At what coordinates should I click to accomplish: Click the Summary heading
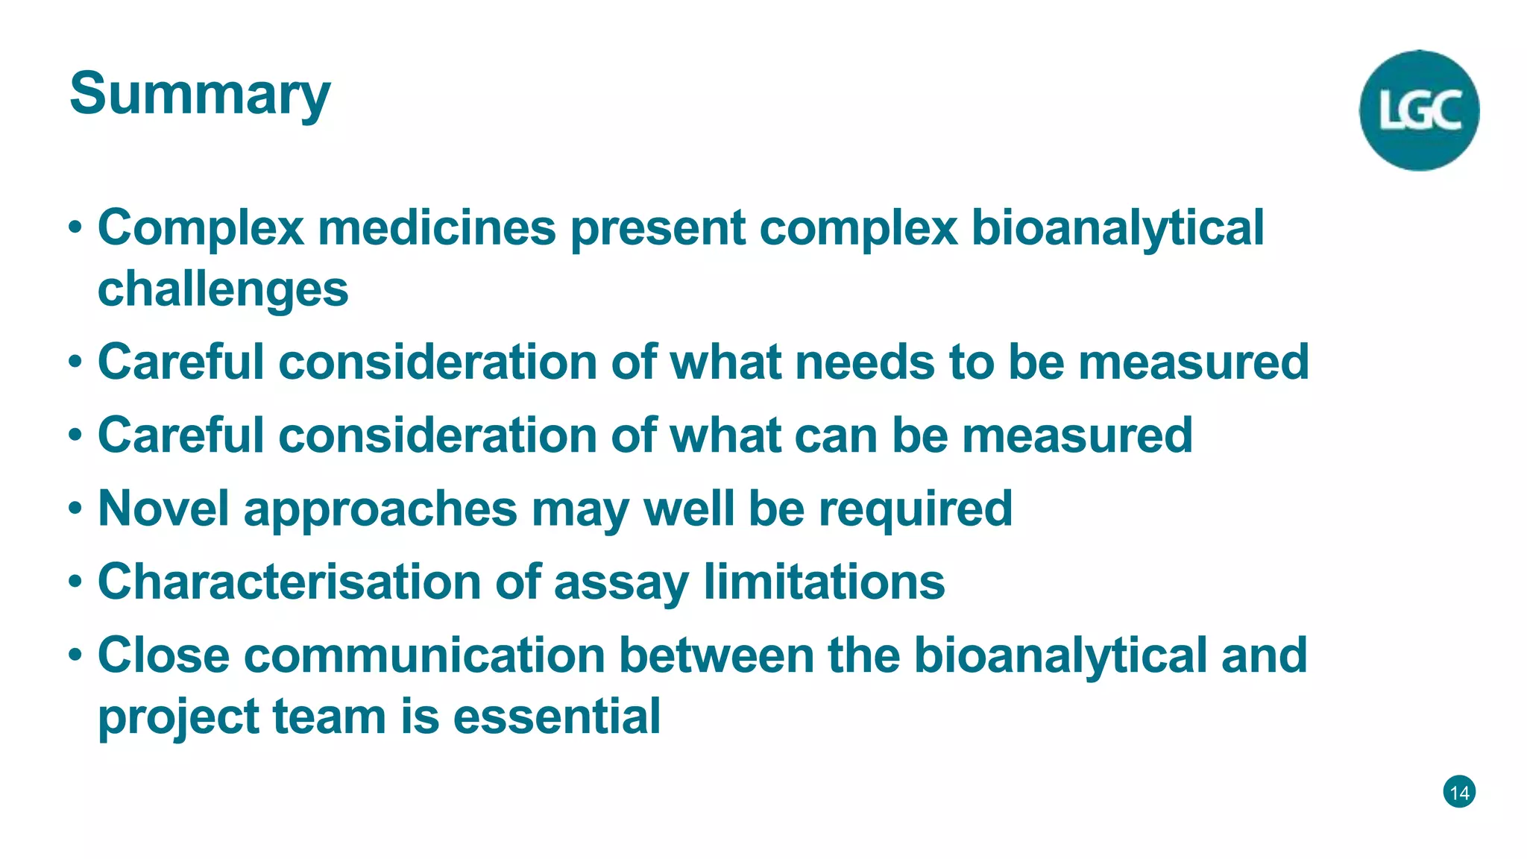(x=199, y=95)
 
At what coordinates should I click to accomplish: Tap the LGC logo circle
(x=1419, y=110)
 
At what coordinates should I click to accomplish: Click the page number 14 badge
(x=1459, y=792)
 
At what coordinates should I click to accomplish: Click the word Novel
(x=163, y=508)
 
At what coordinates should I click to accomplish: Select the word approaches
(x=380, y=509)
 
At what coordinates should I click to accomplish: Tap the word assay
(x=621, y=582)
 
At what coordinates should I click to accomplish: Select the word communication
(x=424, y=655)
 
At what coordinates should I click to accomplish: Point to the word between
(x=717, y=655)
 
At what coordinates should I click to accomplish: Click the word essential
(x=557, y=716)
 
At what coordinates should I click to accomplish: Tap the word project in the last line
(x=178, y=717)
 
